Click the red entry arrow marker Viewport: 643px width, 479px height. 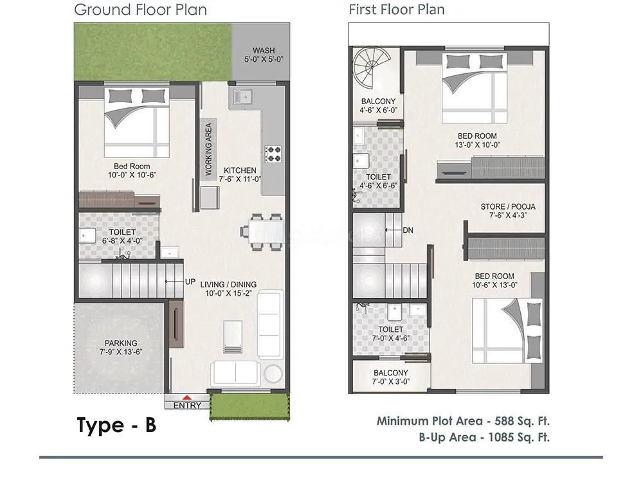[x=187, y=398]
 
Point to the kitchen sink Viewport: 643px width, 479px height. [x=244, y=96]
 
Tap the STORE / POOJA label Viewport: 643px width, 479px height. [x=508, y=206]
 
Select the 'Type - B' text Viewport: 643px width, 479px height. [x=116, y=425]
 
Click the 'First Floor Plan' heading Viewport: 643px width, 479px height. [x=396, y=10]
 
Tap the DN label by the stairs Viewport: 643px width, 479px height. [x=408, y=230]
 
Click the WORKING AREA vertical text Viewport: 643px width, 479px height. [x=208, y=150]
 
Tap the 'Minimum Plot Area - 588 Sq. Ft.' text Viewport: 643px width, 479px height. [x=463, y=422]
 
